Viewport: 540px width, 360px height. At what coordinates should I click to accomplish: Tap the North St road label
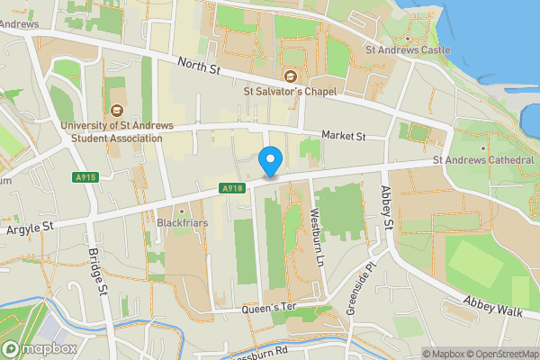tap(199, 65)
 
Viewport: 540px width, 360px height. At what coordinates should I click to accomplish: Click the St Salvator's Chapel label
tap(290, 91)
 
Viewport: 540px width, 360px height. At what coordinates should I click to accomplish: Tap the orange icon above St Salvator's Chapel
tap(290, 76)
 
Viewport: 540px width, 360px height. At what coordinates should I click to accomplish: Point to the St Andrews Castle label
tap(406, 50)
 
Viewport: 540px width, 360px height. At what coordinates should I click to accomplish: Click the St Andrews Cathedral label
tap(484, 160)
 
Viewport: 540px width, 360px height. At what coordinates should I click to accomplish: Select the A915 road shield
tap(85, 177)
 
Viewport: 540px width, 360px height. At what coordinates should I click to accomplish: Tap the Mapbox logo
tap(40, 348)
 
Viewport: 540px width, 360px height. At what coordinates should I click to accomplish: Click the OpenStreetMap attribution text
tap(500, 353)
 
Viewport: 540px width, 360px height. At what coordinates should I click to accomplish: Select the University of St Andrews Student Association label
tap(112, 131)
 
